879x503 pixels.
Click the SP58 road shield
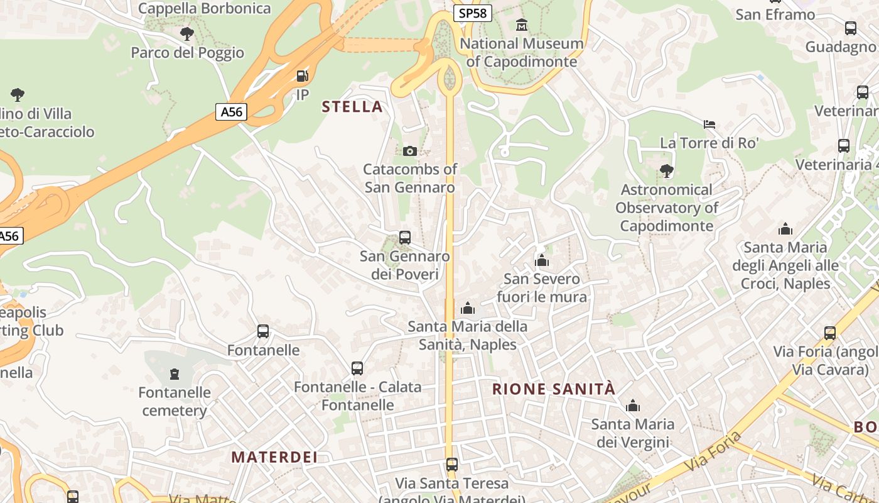click(472, 13)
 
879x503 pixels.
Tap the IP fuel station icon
click(303, 77)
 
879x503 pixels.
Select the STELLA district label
click(352, 106)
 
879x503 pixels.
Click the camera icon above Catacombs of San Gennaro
click(409, 151)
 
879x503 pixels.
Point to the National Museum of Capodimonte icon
click(522, 25)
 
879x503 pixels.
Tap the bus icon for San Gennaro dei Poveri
click(405, 238)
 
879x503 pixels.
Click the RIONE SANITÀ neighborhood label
click(554, 389)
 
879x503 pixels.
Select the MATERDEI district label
click(274, 457)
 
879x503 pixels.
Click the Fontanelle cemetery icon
click(175, 374)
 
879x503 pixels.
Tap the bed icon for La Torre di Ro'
click(709, 124)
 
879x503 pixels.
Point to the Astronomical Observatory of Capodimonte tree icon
click(667, 170)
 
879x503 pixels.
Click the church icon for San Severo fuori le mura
click(542, 260)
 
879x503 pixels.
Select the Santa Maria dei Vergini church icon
click(633, 406)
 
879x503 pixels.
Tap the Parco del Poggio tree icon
click(186, 34)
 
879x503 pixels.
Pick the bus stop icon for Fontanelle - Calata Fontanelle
click(357, 368)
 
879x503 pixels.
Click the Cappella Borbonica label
click(204, 9)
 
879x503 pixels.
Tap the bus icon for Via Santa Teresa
click(452, 465)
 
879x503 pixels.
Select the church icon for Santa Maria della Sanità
click(468, 308)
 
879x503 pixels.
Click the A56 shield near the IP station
click(232, 112)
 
